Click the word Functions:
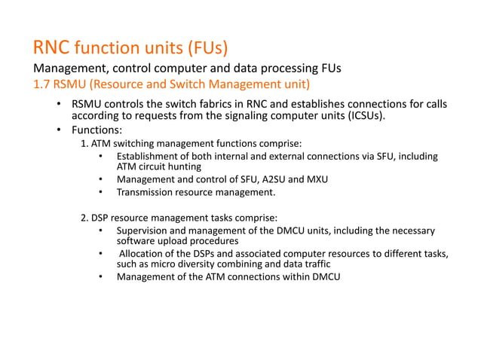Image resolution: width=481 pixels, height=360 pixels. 97,130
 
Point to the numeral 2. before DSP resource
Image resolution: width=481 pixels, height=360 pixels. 85,218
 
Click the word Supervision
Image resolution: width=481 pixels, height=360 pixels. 145,230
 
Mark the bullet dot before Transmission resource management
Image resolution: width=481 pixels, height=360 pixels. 100,193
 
